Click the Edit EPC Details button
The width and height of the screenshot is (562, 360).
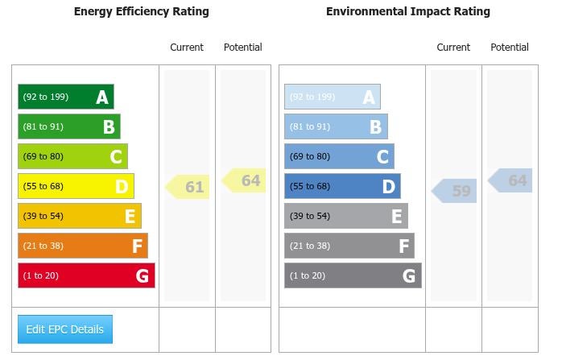point(65,329)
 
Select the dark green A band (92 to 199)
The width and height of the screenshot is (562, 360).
point(65,97)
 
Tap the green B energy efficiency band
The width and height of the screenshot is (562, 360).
point(68,126)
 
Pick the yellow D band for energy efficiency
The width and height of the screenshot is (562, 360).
point(76,186)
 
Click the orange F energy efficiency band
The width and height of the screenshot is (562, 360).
point(82,246)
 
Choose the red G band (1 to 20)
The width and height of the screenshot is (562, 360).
point(86,275)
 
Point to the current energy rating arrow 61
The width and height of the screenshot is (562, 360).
point(188,187)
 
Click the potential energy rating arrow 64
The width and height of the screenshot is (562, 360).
point(244,180)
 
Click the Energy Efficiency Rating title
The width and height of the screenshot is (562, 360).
point(141,11)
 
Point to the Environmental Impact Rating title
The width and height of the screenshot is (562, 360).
point(407,11)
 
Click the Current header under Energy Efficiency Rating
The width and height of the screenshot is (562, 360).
point(187,48)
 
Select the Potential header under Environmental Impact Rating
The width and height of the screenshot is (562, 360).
point(510,48)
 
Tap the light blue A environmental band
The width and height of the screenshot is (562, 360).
point(332,97)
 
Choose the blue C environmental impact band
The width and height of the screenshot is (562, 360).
point(339,156)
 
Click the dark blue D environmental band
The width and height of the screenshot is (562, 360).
point(342,186)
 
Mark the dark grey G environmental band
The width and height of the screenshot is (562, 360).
point(353,275)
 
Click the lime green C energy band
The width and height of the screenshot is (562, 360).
point(72,156)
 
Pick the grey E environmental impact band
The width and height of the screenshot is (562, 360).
point(345,216)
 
